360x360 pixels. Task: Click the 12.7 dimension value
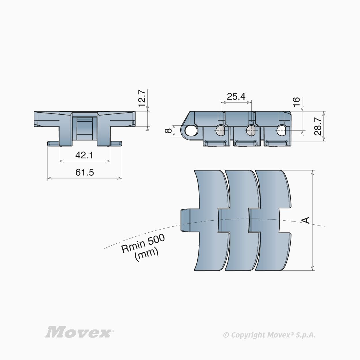coord(142,98)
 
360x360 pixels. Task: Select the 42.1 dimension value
coord(84,155)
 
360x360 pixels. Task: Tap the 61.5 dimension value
coord(85,172)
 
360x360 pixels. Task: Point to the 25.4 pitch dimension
coord(236,96)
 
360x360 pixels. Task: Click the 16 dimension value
coord(296,102)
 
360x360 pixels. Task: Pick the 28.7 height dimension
coord(318,126)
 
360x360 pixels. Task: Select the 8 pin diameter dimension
coord(168,130)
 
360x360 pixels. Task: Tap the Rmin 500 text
coord(143,243)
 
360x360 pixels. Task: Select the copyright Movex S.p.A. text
coord(269,335)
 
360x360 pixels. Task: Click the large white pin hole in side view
coord(190,130)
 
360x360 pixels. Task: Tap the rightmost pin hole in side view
coord(281,131)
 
